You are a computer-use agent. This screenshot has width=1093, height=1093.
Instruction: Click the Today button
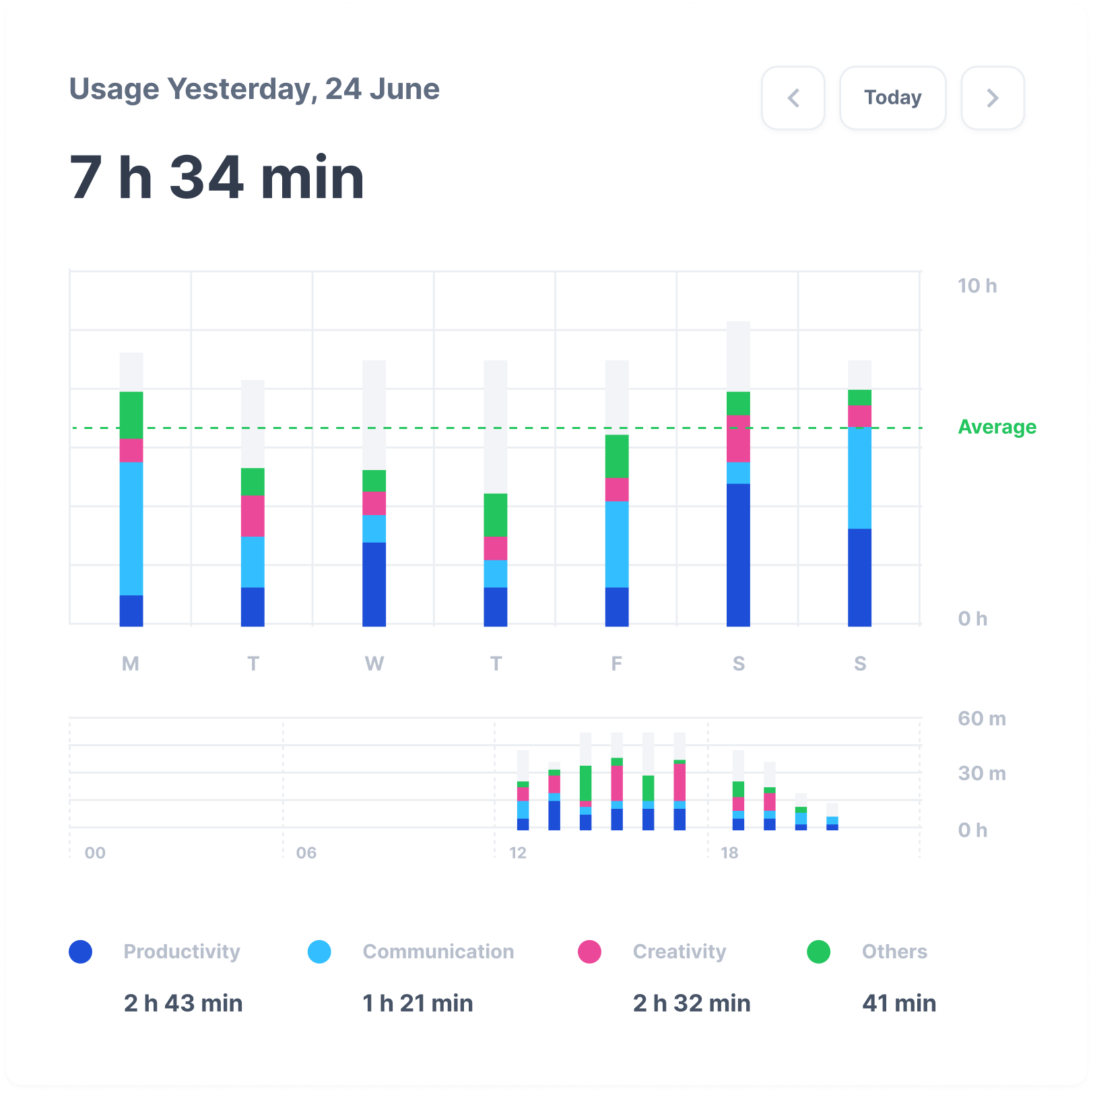point(892,98)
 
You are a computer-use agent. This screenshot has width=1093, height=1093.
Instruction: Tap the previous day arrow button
point(793,98)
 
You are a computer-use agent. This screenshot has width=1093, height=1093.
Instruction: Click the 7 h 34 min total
point(217,177)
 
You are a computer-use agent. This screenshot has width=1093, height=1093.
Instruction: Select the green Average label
point(997,427)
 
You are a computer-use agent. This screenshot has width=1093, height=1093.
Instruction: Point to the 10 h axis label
point(977,286)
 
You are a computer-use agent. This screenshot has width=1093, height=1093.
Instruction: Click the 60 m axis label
point(982,719)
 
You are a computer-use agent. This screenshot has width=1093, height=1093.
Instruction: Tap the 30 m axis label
point(982,773)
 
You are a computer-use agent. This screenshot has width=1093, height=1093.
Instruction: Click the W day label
point(374,663)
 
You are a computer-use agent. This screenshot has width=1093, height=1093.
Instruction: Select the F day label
point(616,663)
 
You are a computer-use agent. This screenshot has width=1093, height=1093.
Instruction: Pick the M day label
point(131,663)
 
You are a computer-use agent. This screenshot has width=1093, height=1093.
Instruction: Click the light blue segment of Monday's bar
point(131,529)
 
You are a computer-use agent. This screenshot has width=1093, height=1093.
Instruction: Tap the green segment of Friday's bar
point(617,456)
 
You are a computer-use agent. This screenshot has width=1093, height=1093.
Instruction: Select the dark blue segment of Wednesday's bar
point(374,584)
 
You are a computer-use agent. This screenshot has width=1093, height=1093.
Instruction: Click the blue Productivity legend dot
point(81,952)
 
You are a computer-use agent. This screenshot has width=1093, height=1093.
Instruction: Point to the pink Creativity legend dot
point(589,952)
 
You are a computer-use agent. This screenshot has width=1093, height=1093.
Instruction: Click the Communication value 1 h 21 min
point(418,1003)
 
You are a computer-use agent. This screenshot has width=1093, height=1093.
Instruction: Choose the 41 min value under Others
point(899,1003)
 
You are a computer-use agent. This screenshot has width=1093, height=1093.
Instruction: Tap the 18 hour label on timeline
point(729,853)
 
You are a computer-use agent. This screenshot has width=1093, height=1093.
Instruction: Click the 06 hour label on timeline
point(306,853)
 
